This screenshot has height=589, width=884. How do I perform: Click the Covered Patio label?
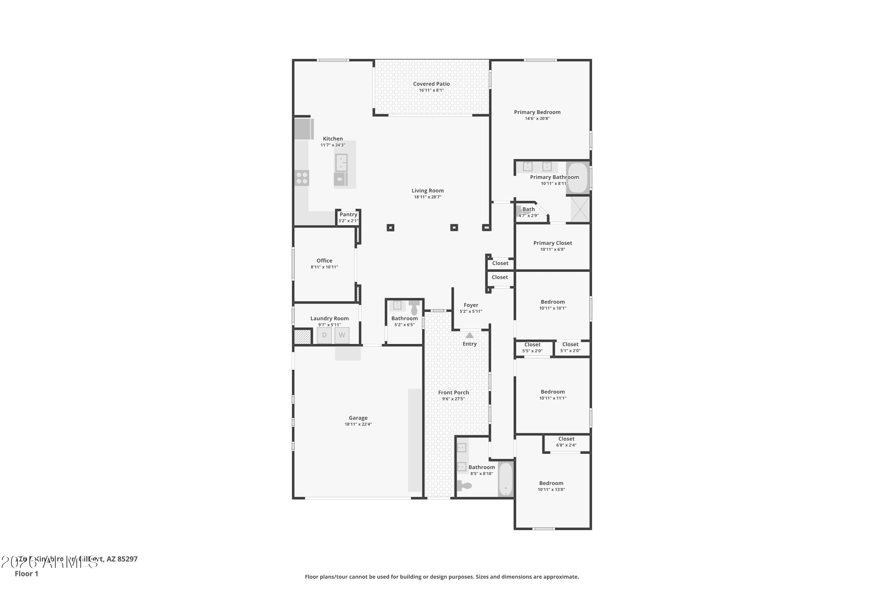(x=431, y=84)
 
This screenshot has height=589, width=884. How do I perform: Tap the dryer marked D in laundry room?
(x=324, y=335)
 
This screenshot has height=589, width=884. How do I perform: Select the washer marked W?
(x=342, y=335)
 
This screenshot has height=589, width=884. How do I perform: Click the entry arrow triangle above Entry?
(x=469, y=335)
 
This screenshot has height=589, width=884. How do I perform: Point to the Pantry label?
(x=348, y=214)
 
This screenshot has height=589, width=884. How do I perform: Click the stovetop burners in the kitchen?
(x=302, y=178)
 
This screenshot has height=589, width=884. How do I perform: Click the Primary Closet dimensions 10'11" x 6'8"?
(x=552, y=249)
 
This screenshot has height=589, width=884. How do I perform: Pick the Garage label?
(x=358, y=418)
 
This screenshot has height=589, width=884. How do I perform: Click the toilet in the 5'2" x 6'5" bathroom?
(x=414, y=308)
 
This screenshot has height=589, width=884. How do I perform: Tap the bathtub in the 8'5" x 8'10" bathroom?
(x=506, y=479)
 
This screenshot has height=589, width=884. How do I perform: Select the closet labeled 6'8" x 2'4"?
(x=566, y=442)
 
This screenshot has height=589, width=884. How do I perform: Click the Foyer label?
(x=471, y=305)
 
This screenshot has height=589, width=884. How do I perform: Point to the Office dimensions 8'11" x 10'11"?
(x=324, y=267)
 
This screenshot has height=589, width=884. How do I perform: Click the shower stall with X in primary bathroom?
(x=580, y=209)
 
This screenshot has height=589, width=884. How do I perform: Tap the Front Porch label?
(x=453, y=393)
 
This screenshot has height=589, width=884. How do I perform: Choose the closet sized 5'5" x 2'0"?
(x=532, y=348)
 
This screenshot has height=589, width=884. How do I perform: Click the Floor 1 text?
(x=26, y=574)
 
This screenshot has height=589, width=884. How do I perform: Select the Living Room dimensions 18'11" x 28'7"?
(x=427, y=197)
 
